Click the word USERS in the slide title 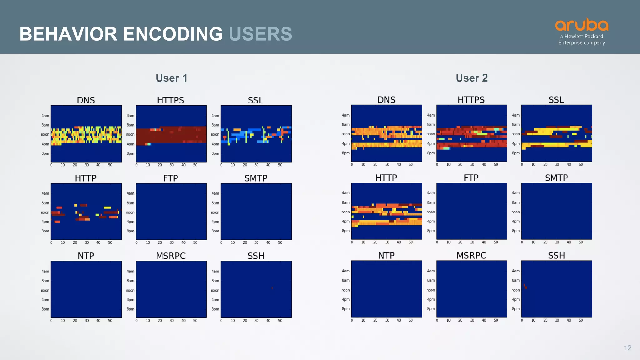point(260,34)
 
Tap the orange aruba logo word point(582,25)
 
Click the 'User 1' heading point(171,78)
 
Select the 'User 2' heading point(472,78)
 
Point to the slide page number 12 point(627,348)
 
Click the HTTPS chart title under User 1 point(171,100)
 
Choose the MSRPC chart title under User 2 point(471,256)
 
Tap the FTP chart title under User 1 point(171,178)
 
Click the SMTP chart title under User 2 point(556,178)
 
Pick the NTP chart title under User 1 point(86,256)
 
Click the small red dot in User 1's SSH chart point(272,288)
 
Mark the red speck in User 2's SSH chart point(526,287)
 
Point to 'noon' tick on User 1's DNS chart point(45,135)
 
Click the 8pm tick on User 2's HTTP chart point(346,231)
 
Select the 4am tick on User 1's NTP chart point(45,271)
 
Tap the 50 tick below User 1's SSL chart point(280,165)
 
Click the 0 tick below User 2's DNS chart point(352,165)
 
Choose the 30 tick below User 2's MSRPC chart point(472,321)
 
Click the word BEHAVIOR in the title point(68,34)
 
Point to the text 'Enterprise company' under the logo point(582,43)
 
